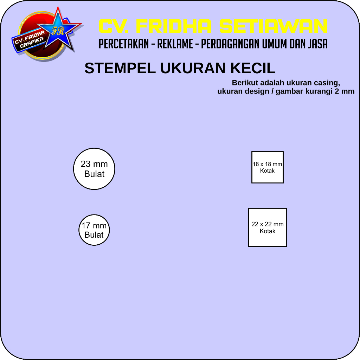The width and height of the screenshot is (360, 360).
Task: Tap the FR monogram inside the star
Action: pos(57,31)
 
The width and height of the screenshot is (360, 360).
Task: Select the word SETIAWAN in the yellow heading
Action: pos(274,26)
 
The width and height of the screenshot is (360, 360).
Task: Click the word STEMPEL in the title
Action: pos(120,69)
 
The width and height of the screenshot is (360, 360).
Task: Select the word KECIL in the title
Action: pos(252,69)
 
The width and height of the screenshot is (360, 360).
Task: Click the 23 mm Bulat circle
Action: pos(94,169)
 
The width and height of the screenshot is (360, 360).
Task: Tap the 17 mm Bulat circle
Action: pos(94,230)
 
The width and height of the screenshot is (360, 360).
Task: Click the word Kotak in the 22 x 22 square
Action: pos(268,231)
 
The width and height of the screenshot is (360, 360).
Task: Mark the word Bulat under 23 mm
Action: pos(94,174)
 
